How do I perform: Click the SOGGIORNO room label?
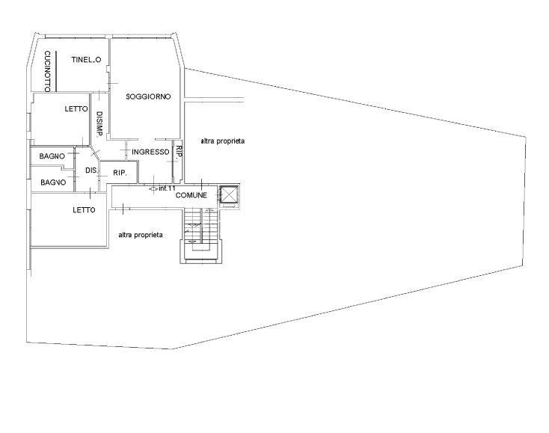pos(148,96)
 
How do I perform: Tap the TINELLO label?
pos(86,60)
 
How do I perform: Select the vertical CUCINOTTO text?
pos(48,71)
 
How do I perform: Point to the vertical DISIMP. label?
pos(99,124)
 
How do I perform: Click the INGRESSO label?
pos(150,152)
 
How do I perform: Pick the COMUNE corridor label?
pos(191,195)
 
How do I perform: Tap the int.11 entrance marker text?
pos(167,188)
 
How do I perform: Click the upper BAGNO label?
pos(52,156)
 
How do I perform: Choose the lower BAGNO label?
pos(53,182)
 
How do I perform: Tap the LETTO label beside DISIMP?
pos(76,109)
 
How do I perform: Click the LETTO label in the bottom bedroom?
pos(84,210)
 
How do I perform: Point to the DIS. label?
pos(91,171)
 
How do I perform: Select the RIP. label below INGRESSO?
pos(120,173)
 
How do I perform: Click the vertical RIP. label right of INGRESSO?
pos(179,153)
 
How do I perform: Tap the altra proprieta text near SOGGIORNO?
pos(223,141)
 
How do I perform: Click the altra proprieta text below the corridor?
pos(141,235)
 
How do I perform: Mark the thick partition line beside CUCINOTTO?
pos(57,71)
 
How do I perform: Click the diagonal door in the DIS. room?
pos(94,153)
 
